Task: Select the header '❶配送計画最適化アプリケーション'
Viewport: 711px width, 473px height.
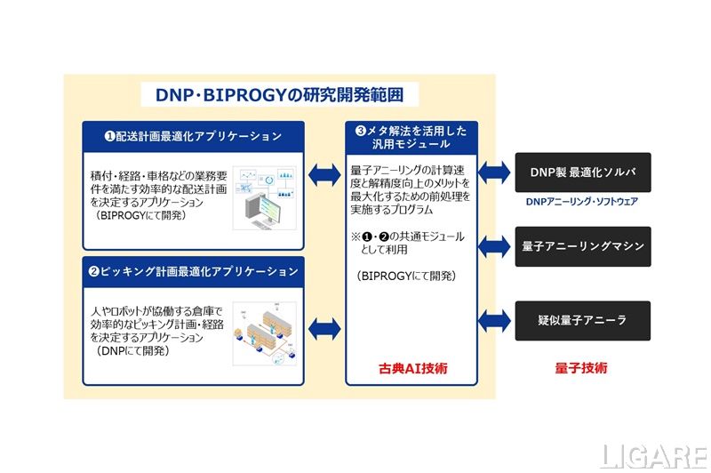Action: pyautogui.click(x=194, y=136)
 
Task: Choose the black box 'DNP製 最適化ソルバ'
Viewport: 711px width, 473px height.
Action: pyautogui.click(x=583, y=172)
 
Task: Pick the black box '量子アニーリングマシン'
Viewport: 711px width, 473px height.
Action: pyautogui.click(x=583, y=246)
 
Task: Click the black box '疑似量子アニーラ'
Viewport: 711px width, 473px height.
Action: pyautogui.click(x=583, y=321)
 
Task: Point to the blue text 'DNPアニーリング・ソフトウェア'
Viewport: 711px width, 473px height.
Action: pyautogui.click(x=582, y=202)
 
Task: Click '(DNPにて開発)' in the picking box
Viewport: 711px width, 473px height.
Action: pyautogui.click(x=132, y=351)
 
